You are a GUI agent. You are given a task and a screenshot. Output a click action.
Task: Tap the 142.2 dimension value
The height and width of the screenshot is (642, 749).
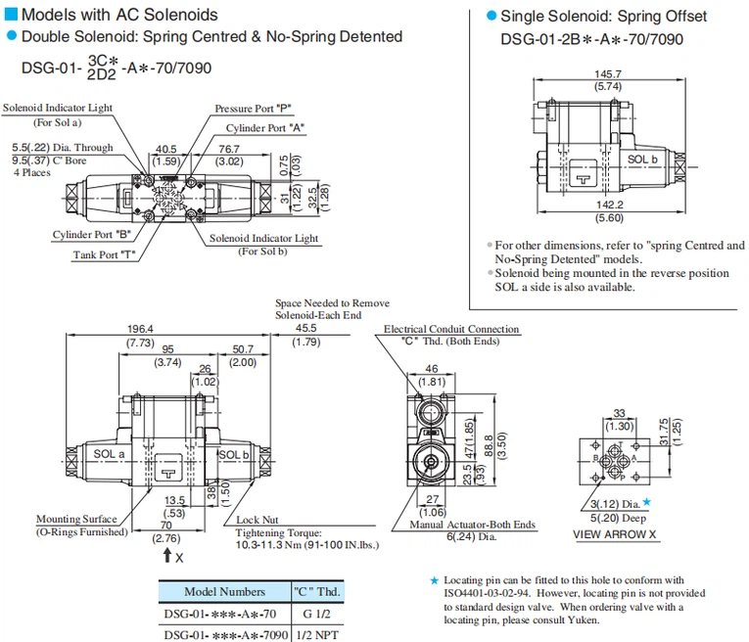(x=610, y=205)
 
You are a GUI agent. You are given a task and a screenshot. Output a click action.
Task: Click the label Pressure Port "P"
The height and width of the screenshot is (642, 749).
(x=257, y=109)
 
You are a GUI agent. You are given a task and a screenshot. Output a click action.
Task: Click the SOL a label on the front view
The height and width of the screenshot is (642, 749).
(x=110, y=454)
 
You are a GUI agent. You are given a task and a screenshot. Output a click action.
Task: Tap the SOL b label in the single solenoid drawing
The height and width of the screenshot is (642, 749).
(x=641, y=158)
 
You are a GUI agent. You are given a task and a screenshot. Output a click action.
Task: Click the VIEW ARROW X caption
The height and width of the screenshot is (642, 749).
(x=615, y=534)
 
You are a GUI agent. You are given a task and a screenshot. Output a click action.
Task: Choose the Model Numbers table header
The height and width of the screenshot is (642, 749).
(x=224, y=591)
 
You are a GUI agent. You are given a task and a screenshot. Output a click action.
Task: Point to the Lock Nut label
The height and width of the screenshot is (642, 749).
(x=257, y=520)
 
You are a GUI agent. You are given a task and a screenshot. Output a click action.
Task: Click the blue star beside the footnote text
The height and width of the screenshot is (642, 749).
(x=435, y=580)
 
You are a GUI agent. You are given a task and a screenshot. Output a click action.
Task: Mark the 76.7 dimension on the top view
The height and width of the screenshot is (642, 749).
(x=229, y=149)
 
